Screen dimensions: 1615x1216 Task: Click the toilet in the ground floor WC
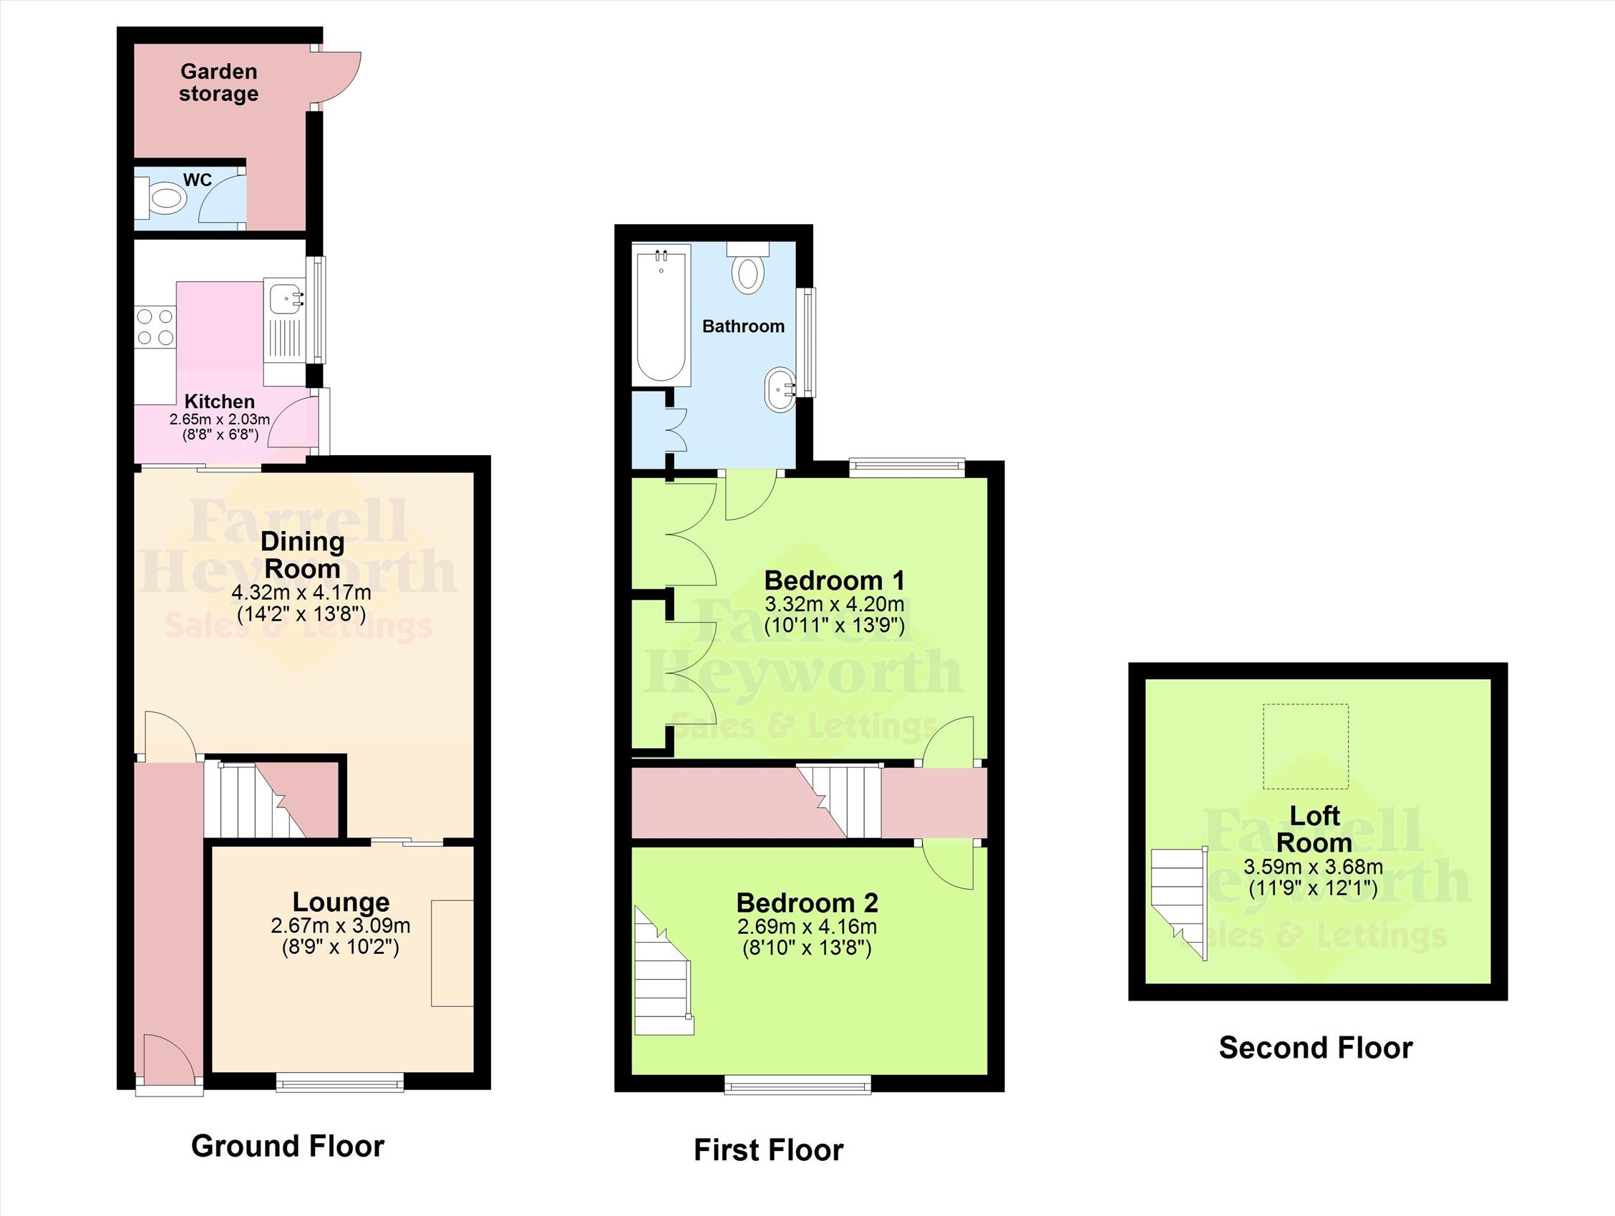(160, 198)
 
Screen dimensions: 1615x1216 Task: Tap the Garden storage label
(218, 82)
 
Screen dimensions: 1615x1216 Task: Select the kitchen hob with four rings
(155, 327)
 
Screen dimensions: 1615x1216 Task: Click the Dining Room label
(302, 555)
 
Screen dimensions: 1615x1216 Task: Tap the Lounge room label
(341, 902)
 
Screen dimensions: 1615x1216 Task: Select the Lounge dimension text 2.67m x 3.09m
(340, 925)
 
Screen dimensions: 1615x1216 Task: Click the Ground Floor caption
(288, 1146)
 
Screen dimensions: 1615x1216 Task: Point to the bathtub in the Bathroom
(661, 315)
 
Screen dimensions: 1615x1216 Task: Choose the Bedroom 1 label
(835, 580)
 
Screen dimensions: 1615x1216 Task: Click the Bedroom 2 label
(807, 903)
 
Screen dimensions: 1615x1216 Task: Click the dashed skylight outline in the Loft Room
(1306, 746)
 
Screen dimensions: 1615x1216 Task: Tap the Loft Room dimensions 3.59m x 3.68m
(1313, 867)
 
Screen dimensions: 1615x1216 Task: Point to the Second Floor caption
(1316, 1048)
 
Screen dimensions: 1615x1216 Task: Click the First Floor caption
(768, 1150)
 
